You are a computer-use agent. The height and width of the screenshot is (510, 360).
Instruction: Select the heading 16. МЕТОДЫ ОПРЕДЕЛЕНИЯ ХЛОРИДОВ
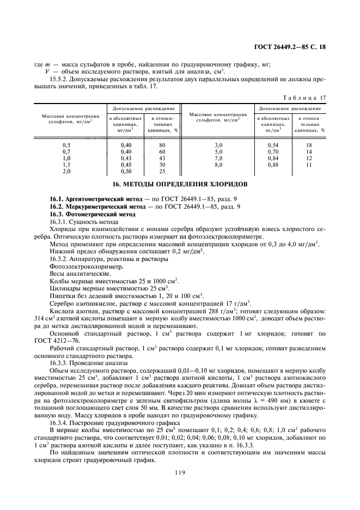pos(179,184)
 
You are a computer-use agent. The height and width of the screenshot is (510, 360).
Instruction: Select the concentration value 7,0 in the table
pos(219,158)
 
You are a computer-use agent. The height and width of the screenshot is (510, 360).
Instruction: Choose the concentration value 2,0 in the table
pos(67,171)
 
